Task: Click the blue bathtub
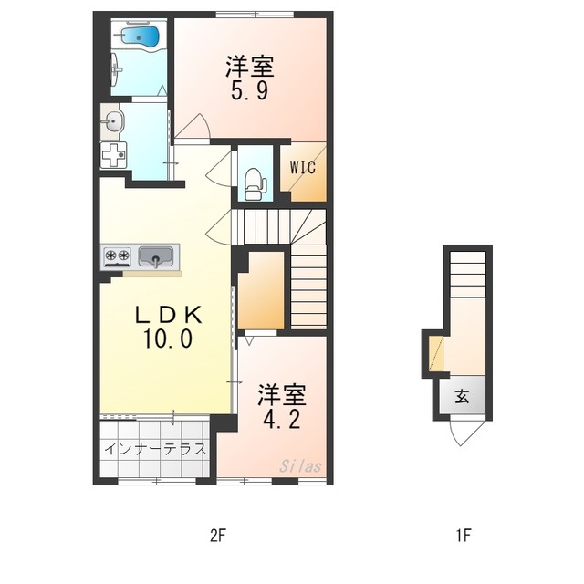[x=140, y=37]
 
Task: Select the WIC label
[x=303, y=167]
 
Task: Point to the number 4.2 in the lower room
[x=280, y=421]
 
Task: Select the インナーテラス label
[x=154, y=449]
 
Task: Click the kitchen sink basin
[x=156, y=258]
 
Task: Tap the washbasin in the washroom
[x=113, y=120]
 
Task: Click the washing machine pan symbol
[x=114, y=155]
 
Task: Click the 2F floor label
[x=217, y=536]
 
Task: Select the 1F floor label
[x=464, y=536]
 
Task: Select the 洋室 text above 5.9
[x=249, y=68]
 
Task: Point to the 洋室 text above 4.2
[x=280, y=396]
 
